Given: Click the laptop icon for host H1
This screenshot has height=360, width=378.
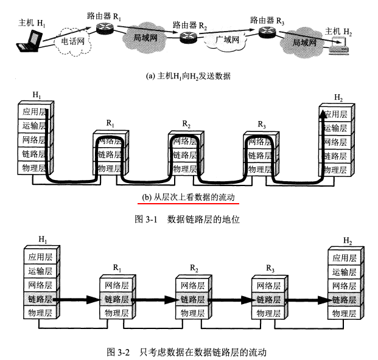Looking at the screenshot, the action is (29, 41).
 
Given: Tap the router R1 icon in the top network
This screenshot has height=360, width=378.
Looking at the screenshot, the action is (105, 28).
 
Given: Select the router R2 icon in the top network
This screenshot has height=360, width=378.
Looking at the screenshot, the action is (188, 37).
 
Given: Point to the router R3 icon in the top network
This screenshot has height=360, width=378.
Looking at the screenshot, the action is (267, 32).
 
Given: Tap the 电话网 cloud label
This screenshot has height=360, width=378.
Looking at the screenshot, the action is (72, 41).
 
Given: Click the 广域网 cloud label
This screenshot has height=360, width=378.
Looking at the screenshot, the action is (227, 40).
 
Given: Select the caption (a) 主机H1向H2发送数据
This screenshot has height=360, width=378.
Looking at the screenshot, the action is (188, 76).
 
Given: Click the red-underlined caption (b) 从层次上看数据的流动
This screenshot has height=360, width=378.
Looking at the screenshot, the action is (188, 198).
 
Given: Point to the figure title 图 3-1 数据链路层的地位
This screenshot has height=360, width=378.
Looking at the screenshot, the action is (187, 220).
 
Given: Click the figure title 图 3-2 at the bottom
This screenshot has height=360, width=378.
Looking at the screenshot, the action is (186, 352).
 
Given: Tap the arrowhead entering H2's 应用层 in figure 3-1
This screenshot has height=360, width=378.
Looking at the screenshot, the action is (322, 113).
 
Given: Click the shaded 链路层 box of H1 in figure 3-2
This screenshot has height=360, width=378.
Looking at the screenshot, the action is (40, 299).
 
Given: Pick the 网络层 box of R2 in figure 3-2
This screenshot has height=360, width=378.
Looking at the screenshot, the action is (192, 286).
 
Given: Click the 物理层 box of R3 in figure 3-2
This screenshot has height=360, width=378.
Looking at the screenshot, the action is (268, 313).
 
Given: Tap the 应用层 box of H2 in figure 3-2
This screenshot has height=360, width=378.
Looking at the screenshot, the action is (345, 258).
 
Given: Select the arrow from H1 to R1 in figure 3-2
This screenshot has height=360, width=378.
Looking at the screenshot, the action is (77, 300).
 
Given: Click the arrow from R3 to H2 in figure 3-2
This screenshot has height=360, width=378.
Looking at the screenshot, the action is (308, 300).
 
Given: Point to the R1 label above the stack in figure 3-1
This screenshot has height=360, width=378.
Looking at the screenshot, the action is (110, 123).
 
